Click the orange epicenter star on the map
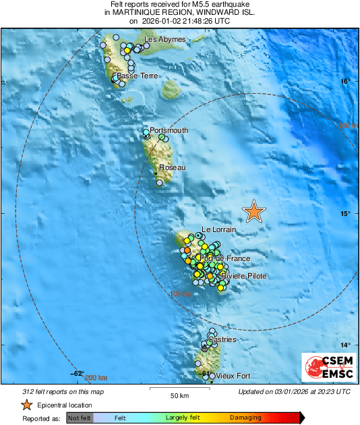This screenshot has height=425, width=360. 254,211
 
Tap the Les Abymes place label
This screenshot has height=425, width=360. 162,40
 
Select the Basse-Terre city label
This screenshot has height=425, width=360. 138,76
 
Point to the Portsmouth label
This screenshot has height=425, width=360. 169,130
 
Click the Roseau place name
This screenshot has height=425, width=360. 171,167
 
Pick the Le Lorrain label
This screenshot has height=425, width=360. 219,230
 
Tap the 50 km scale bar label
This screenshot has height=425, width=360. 179,395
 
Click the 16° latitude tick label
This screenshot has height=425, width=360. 345,82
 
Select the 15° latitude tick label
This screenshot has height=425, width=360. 345,214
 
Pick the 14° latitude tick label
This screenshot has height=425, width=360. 345,345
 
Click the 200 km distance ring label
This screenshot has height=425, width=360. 97,377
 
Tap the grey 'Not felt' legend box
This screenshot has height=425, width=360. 80,418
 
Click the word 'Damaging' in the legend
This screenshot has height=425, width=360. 245,418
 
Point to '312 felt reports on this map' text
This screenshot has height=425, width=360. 59,391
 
